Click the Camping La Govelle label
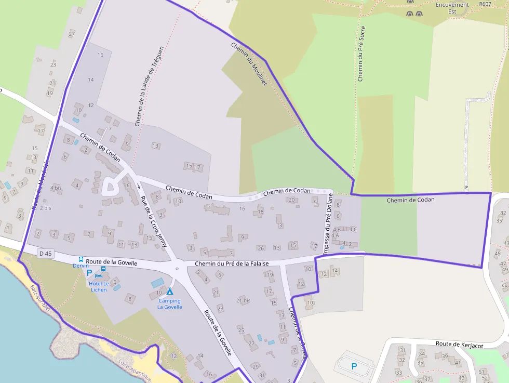(x=169, y=304)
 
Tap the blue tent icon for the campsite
(x=170, y=292)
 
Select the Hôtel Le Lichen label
(x=98, y=286)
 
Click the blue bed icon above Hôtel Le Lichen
(x=98, y=275)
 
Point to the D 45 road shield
(x=45, y=254)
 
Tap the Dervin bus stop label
(x=81, y=266)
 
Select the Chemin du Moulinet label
(x=248, y=64)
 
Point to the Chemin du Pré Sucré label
(x=361, y=54)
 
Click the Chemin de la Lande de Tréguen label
(x=149, y=86)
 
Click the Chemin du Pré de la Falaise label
(x=232, y=263)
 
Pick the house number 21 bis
(x=243, y=300)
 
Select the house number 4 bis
(x=56, y=188)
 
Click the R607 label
(x=485, y=4)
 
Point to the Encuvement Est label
(x=452, y=8)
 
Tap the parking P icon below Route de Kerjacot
(x=354, y=366)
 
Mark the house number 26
(x=261, y=248)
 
